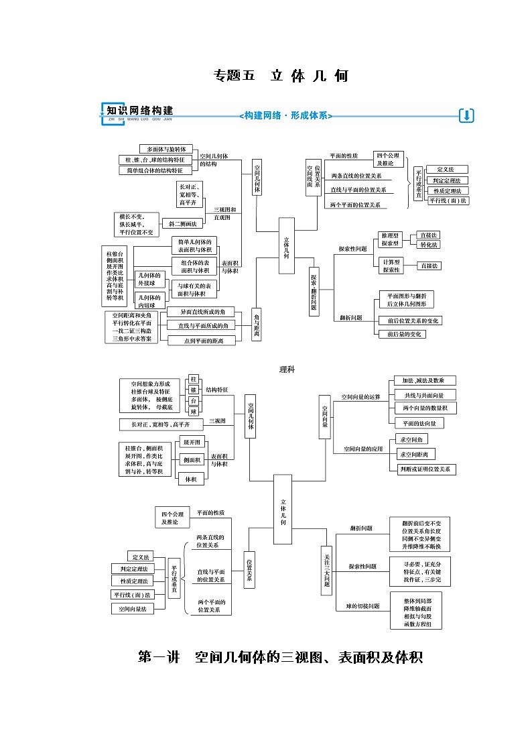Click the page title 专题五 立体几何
click(280, 75)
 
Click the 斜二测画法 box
click(182, 223)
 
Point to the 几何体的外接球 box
click(150, 279)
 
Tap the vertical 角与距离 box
click(256, 325)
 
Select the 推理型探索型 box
click(391, 240)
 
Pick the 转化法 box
click(429, 245)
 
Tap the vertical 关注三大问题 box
click(327, 570)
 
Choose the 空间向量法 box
click(133, 609)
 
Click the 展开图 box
click(193, 442)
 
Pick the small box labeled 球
click(194, 411)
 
